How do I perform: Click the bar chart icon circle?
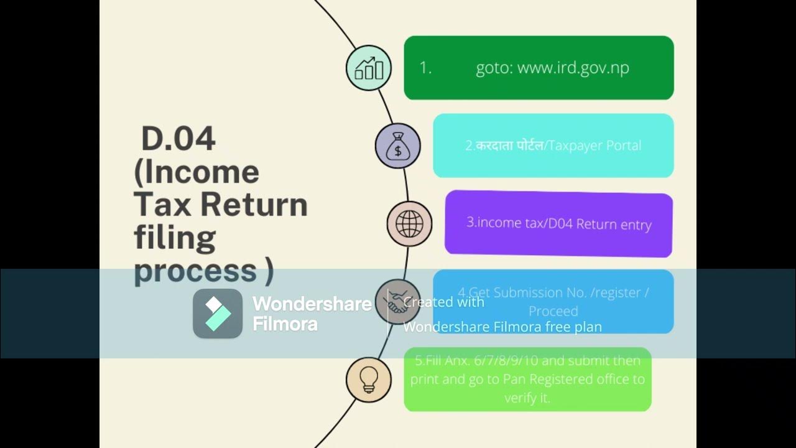tap(369, 68)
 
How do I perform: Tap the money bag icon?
tap(397, 146)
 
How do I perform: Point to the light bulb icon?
tap(369, 380)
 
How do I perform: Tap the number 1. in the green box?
tap(425, 68)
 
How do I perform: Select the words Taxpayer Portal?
tap(595, 146)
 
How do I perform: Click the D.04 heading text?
tap(178, 139)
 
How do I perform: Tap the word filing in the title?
tap(175, 237)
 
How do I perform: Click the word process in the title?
tap(195, 271)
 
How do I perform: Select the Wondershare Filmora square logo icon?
tap(218, 314)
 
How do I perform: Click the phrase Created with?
tap(443, 302)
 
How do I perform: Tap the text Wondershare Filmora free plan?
tap(502, 327)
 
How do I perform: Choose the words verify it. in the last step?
tap(527, 398)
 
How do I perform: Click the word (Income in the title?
tap(197, 172)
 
